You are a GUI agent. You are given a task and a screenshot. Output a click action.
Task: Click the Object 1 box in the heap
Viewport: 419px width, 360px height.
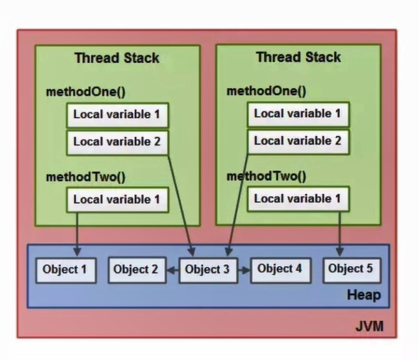(65, 270)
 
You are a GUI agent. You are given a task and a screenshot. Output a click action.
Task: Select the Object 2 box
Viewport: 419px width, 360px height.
(136, 270)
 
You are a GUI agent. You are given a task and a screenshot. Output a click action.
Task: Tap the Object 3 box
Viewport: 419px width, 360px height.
(207, 270)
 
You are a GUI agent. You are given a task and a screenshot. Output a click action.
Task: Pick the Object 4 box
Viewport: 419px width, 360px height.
(279, 269)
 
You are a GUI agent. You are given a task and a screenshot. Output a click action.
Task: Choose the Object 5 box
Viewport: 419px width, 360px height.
(350, 269)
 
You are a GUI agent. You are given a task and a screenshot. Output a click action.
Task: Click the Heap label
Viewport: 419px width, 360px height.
(364, 295)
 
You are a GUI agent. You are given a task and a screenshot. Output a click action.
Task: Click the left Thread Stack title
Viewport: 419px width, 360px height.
(118, 58)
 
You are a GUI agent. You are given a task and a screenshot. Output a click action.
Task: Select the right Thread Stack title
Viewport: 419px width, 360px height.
(298, 57)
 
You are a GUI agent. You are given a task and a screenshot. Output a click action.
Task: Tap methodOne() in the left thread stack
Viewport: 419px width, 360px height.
(79, 92)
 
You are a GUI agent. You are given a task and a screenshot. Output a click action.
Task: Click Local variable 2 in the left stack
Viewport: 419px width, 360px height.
(116, 141)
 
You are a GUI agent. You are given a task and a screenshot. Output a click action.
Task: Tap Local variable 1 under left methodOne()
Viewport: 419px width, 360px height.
(116, 114)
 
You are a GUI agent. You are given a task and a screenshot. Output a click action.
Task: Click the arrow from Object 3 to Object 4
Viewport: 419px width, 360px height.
(242, 270)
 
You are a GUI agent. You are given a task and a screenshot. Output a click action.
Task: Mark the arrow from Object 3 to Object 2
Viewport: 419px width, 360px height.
(171, 270)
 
